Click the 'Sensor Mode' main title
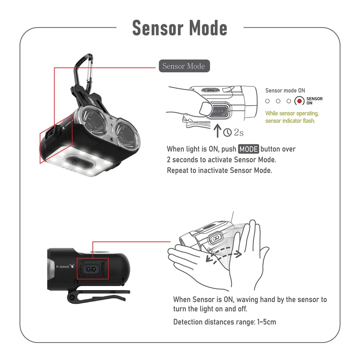tap(180, 28)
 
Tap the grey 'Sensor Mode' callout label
tap(184, 66)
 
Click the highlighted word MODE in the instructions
tap(248, 149)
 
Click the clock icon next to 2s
tap(228, 132)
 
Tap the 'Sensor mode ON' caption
tap(285, 90)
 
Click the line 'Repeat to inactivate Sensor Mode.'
tap(219, 171)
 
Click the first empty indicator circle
tap(267, 101)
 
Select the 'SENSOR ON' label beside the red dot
tap(314, 101)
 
